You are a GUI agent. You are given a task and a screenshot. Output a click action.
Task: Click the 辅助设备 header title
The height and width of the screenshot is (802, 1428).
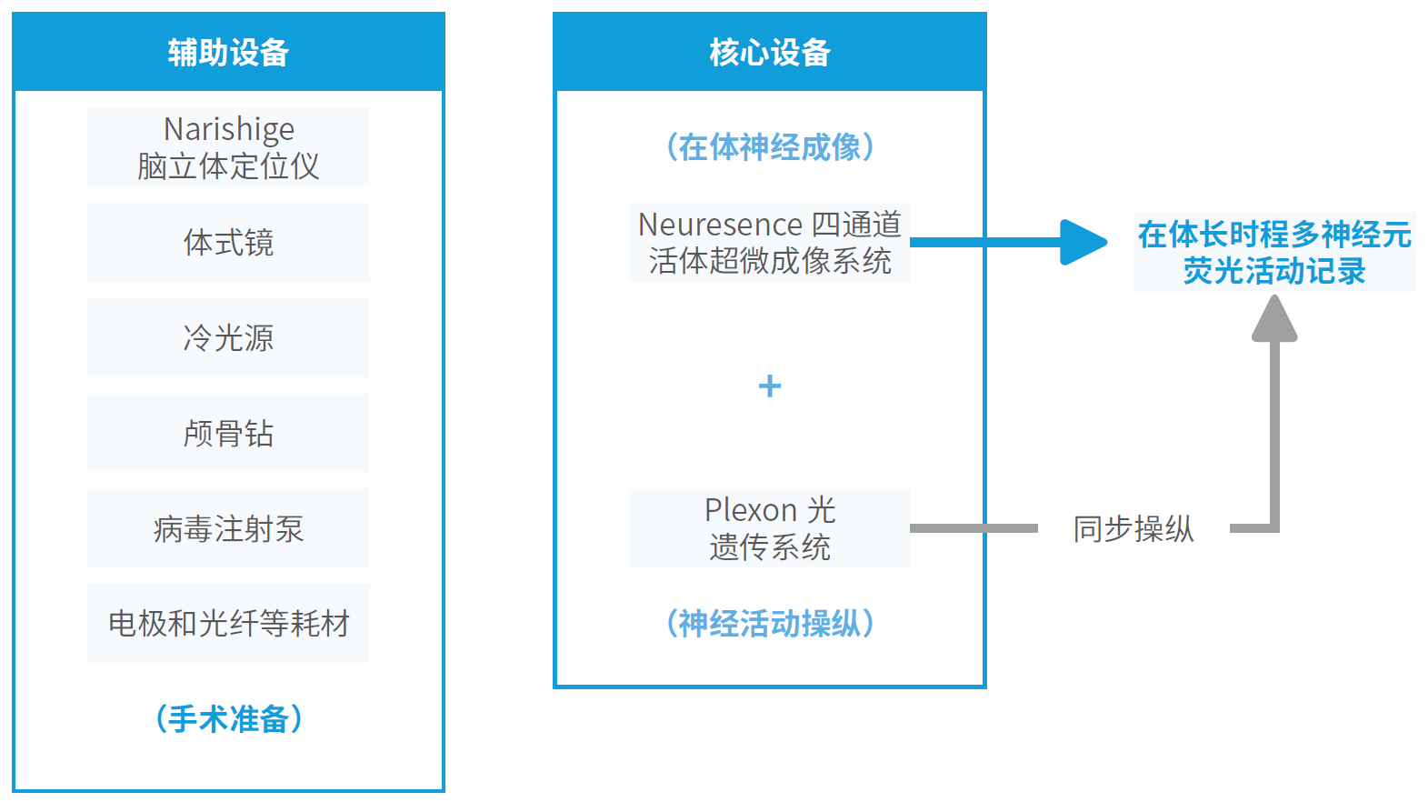[228, 52]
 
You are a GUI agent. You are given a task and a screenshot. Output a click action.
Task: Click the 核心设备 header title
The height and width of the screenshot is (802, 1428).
[770, 52]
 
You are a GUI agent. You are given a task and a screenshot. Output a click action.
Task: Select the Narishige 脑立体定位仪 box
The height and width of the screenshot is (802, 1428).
[228, 146]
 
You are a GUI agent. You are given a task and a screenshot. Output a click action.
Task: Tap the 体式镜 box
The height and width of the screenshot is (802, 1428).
[228, 242]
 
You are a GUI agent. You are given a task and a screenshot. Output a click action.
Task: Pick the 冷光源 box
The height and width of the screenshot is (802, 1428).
[228, 338]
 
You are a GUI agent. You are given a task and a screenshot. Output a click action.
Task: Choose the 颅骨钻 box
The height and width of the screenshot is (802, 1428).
[228, 433]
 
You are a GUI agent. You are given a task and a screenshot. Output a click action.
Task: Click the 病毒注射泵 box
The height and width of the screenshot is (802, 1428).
[228, 528]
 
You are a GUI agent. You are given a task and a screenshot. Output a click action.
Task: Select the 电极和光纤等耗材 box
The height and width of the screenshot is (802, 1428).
[228, 624]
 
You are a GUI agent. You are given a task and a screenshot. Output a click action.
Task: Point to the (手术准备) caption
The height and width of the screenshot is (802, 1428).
[229, 719]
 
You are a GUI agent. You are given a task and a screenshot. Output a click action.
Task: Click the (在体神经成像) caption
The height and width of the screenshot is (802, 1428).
[770, 147]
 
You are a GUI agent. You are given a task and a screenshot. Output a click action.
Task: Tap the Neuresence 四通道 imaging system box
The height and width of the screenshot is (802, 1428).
[770, 242]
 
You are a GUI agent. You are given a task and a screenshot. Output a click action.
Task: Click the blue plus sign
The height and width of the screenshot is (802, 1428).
[770, 386]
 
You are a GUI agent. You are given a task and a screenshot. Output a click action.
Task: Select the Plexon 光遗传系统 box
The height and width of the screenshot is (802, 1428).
[770, 528]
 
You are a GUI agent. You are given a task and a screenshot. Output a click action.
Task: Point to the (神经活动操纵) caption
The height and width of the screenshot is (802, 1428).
[770, 624]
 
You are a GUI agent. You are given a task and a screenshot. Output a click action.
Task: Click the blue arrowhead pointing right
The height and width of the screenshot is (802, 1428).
[1083, 242]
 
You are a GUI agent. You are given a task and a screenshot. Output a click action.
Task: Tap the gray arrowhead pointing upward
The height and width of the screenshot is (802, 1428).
[1274, 318]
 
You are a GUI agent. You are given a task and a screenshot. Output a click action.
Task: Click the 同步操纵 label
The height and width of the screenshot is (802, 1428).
[1133, 528]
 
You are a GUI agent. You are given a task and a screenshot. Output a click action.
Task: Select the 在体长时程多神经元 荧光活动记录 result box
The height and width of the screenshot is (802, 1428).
[1274, 253]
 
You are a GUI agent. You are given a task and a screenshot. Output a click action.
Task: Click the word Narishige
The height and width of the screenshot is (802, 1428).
[229, 130]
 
